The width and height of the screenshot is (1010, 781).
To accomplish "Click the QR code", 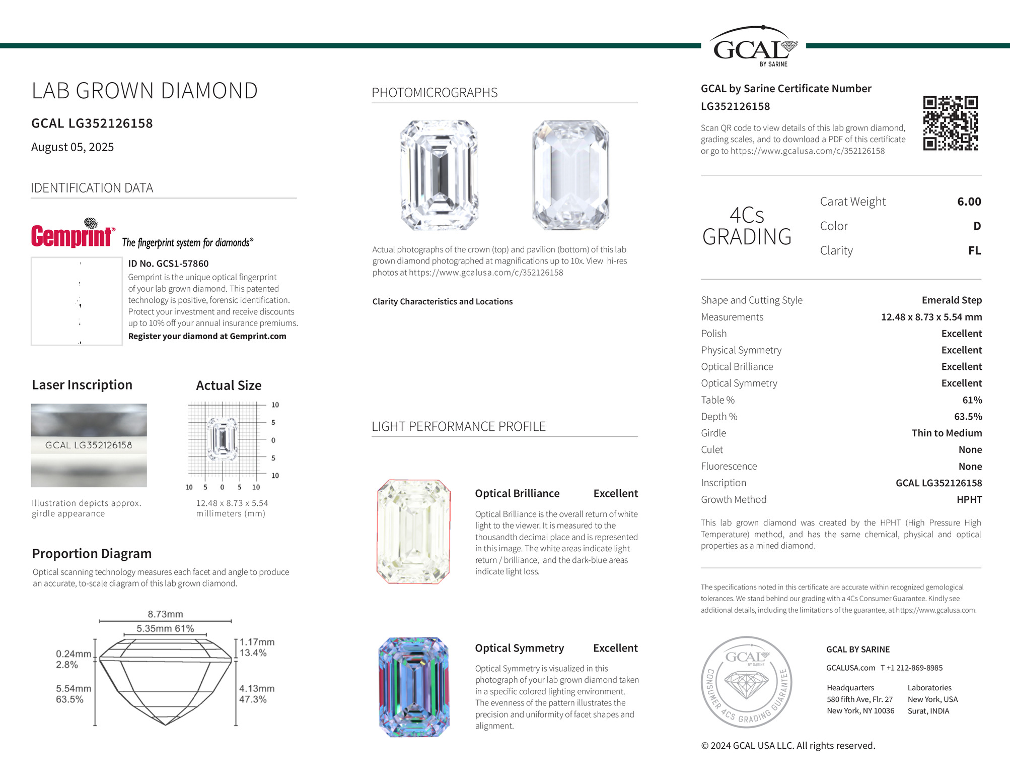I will coord(950,123).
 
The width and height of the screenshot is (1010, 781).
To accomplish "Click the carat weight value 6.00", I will coord(969,202).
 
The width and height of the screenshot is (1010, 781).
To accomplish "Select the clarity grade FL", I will coord(974,250).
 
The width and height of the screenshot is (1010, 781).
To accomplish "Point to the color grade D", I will coord(977,226).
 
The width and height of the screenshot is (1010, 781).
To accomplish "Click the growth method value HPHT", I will coord(969,499).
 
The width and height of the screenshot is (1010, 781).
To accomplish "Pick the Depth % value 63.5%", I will coord(968,417).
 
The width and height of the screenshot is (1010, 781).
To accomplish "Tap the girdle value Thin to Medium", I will coord(946,433).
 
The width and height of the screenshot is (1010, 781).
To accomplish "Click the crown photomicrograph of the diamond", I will coord(440,175).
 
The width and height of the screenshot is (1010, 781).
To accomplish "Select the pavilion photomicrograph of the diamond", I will coord(571,175).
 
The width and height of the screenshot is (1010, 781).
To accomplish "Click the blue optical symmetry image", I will coord(413,687).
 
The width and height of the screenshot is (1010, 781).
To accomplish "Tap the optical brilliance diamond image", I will coord(413,532).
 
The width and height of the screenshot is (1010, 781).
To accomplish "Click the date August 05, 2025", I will coord(73,147).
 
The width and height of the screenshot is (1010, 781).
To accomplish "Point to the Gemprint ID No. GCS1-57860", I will coord(168,264).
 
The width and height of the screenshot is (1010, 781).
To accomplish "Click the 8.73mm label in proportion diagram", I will coord(165,614).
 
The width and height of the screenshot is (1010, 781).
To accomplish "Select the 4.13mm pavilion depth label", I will coord(257,688).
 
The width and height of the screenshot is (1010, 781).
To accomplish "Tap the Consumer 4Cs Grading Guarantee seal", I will coord(747,682).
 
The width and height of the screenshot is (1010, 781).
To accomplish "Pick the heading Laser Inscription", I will coord(82,385).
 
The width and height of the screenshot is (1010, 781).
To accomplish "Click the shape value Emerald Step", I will coord(951,300).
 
